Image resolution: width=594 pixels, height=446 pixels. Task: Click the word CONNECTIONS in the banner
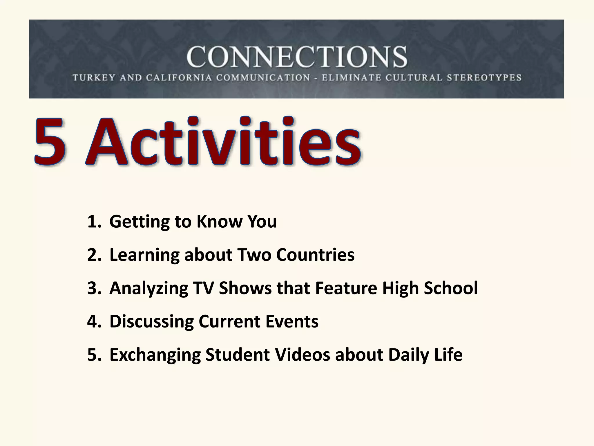click(297, 57)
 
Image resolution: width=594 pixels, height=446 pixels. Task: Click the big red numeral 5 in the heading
click(50, 142)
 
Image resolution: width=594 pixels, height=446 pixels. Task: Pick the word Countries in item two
click(315, 255)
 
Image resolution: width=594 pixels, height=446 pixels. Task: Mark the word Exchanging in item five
click(155, 355)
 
